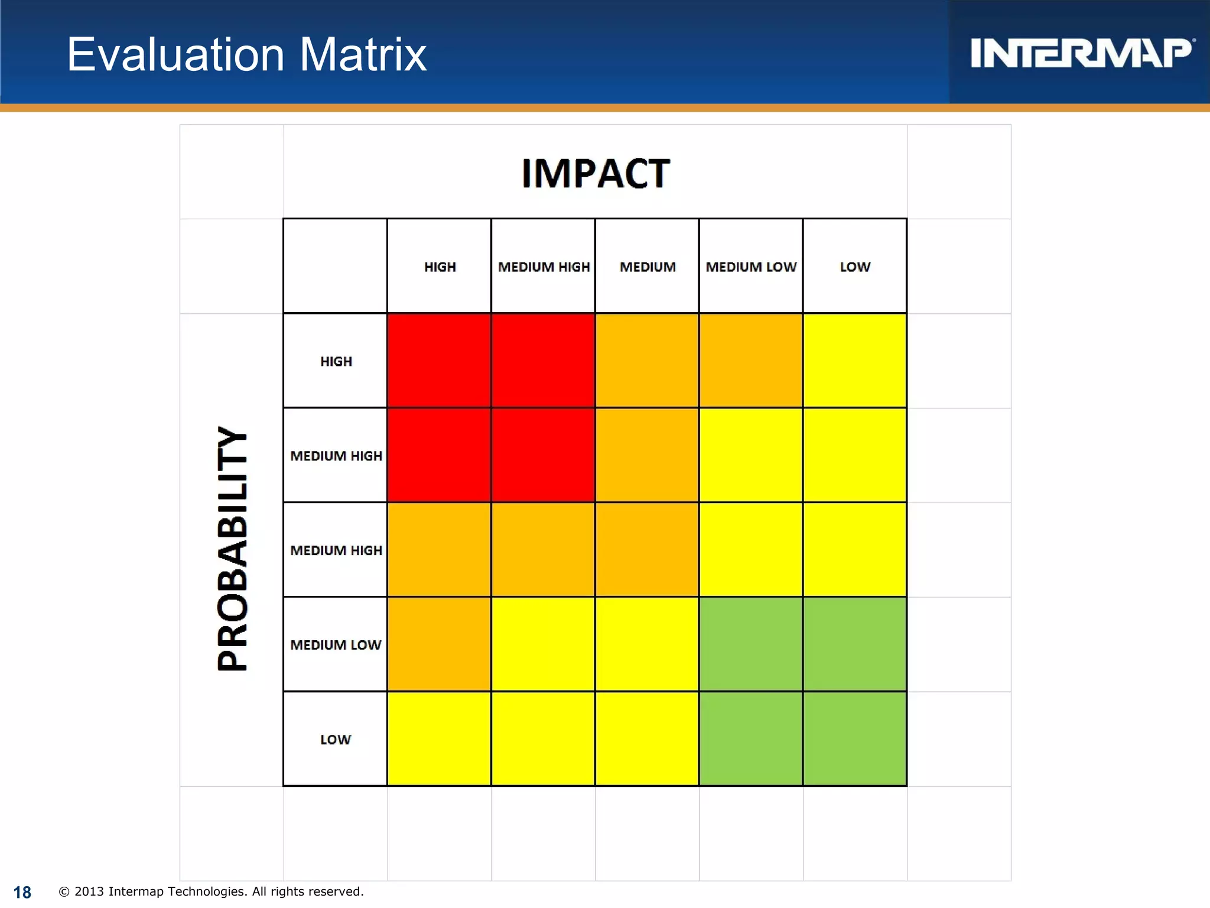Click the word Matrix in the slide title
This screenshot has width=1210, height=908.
pyautogui.click(x=363, y=54)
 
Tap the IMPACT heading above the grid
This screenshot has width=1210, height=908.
pyautogui.click(x=595, y=174)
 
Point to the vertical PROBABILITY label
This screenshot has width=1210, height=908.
pyautogui.click(x=232, y=549)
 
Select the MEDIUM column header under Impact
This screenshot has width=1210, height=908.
pyautogui.click(x=648, y=267)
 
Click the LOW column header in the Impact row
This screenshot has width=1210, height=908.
pyautogui.click(x=855, y=267)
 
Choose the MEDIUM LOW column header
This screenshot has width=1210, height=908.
pyautogui.click(x=751, y=267)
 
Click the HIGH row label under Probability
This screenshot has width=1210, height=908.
pyautogui.click(x=336, y=361)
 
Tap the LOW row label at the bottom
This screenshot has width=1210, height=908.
pyautogui.click(x=336, y=740)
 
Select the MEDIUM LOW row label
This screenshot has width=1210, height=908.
pyautogui.click(x=336, y=645)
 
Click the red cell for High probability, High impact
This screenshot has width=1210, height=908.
pyautogui.click(x=439, y=361)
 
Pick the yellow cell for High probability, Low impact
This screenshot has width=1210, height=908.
pyautogui.click(x=855, y=361)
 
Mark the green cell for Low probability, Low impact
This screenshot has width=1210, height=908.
pyautogui.click(x=855, y=739)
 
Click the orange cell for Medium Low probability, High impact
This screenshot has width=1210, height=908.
pyautogui.click(x=439, y=644)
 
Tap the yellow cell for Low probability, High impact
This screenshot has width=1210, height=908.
pyautogui.click(x=439, y=739)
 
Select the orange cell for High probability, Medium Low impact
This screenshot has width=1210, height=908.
pyautogui.click(x=751, y=361)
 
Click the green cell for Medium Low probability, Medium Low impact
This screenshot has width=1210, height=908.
pyautogui.click(x=751, y=644)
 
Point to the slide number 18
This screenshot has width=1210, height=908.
pyautogui.click(x=22, y=892)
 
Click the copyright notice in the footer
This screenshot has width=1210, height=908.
pyautogui.click(x=212, y=891)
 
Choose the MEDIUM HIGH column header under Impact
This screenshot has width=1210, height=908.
pyautogui.click(x=544, y=267)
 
